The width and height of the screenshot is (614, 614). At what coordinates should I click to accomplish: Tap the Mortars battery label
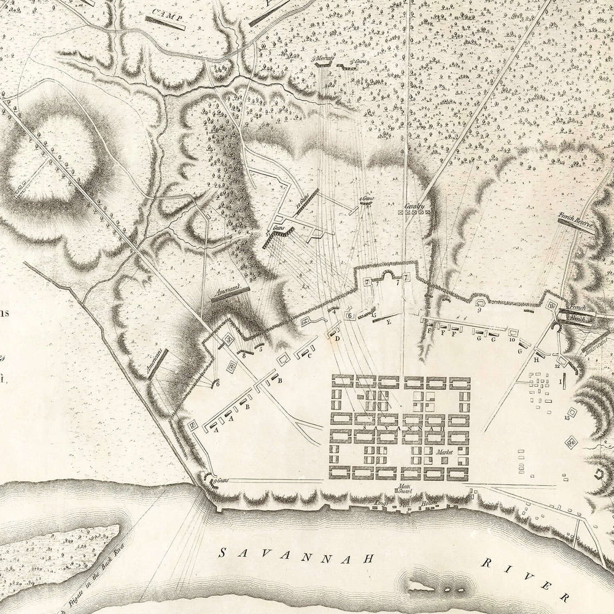tap(324, 59)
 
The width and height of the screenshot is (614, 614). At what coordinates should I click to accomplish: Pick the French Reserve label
tap(575, 217)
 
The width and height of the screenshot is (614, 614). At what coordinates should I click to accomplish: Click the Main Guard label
tap(403, 489)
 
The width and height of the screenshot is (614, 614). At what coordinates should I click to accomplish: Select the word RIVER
tap(529, 577)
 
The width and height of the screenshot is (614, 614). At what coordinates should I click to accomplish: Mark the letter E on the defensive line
tap(389, 321)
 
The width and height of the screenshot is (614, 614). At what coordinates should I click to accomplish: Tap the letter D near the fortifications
tap(337, 338)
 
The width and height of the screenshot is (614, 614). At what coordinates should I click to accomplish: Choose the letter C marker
tap(310, 356)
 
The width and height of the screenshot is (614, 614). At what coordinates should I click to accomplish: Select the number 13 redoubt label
tap(565, 418)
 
